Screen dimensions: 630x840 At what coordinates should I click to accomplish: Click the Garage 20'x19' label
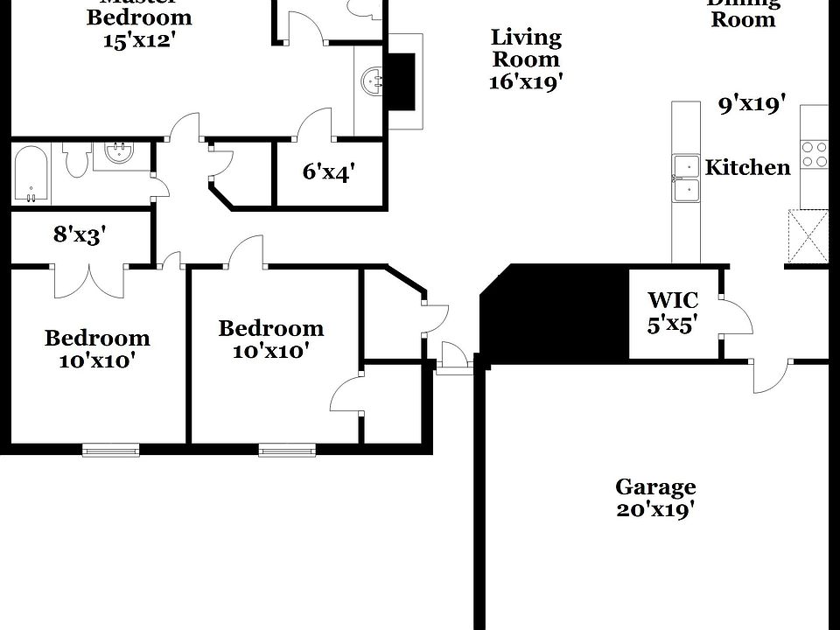coord(655,498)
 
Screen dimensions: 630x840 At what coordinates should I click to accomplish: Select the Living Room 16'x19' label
coord(525,59)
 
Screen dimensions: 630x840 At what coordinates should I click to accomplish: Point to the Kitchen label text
coord(747,167)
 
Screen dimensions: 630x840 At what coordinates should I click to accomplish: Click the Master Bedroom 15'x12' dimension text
coord(138,40)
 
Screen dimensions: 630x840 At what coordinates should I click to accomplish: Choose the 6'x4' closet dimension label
coord(328,172)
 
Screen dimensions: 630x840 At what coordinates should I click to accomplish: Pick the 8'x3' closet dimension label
coord(80,234)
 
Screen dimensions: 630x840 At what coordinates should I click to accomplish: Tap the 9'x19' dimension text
coord(752,105)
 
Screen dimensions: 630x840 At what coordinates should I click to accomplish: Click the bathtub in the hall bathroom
coord(31,173)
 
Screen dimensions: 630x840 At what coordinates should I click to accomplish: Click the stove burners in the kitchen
coord(815,155)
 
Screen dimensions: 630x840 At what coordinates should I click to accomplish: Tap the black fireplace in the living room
coord(402,81)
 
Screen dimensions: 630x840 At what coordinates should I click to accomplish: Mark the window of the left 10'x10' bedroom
coord(110,450)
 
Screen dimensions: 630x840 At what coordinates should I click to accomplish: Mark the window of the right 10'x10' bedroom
coord(286,451)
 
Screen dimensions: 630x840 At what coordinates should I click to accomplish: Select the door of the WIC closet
coord(735,317)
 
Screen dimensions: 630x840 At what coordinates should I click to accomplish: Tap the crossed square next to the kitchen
coord(808,236)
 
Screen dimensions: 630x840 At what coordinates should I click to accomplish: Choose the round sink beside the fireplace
coord(373,82)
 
